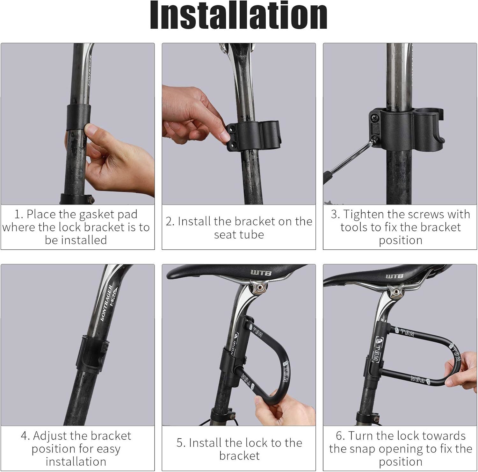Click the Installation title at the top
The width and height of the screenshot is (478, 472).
coord(239,15)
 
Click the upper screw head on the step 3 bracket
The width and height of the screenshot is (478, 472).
coord(374,118)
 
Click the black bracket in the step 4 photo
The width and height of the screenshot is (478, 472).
coord(93,352)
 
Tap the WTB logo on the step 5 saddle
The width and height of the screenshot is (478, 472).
coord(261,273)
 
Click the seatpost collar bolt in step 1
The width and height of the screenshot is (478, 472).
coord(92,200)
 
